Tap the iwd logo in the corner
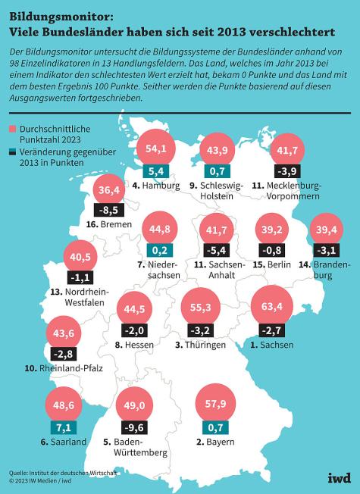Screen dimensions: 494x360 338,477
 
